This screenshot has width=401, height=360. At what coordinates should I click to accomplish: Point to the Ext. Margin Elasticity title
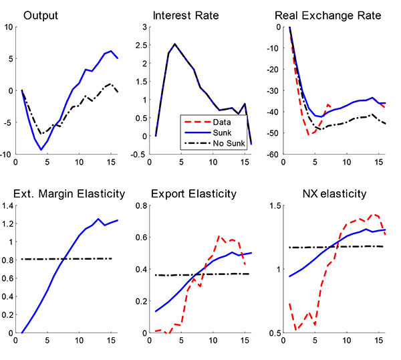[70, 195]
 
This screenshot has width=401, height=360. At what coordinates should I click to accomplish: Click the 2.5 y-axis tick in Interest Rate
[142, 45]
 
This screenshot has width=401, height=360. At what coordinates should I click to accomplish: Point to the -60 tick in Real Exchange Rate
[273, 155]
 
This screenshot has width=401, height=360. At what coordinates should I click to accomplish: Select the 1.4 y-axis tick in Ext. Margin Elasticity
[7, 205]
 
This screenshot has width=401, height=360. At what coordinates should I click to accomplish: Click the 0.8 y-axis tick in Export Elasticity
[142, 205]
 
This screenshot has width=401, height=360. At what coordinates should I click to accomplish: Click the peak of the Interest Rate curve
[174, 44]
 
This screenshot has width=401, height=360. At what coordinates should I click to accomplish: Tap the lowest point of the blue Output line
[41, 149]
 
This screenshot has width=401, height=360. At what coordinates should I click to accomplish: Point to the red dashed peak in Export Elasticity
[218, 236]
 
